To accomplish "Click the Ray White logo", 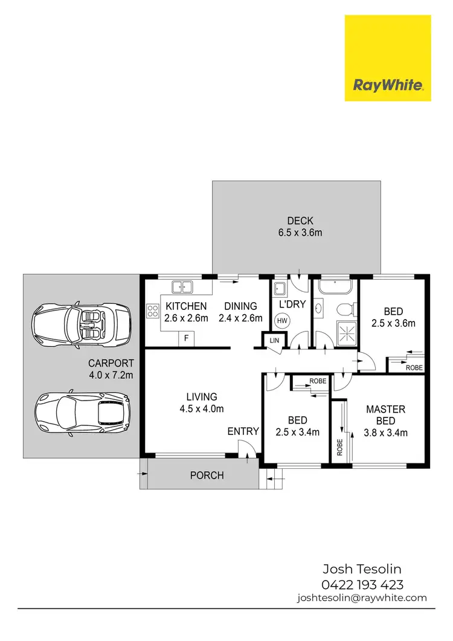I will coord(387,59).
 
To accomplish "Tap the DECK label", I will coord(296,221).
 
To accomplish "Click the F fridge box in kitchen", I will coord(187,339).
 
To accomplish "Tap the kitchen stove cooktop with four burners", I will coord(152,312).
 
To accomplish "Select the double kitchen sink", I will coord(181,287).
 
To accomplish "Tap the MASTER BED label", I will coord(386,415).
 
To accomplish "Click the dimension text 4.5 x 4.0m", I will coord(202,408).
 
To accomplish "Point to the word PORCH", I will coord(207,475).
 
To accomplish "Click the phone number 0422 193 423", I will coord(363,584).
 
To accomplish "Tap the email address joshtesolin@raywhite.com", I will coord(362,598).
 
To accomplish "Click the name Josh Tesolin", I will coord(363,569).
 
